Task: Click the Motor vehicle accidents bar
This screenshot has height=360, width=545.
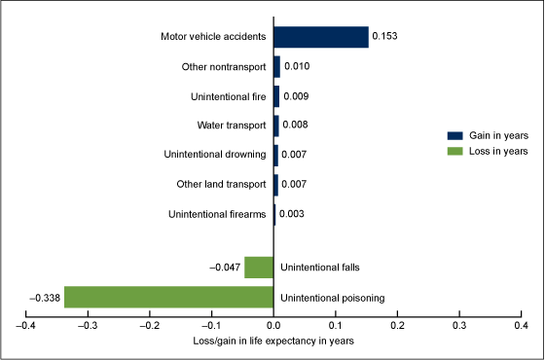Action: [321, 37]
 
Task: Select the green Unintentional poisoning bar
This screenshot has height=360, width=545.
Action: [169, 297]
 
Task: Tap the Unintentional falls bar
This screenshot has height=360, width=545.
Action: [259, 268]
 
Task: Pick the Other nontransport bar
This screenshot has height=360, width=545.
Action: [276, 67]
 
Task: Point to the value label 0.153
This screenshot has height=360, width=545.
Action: [384, 36]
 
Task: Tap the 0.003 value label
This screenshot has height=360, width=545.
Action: [292, 214]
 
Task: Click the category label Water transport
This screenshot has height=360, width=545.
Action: [232, 126]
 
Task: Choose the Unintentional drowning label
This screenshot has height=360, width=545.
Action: [215, 155]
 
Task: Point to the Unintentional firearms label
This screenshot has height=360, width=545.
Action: [217, 214]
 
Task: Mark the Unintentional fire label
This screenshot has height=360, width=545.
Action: [229, 96]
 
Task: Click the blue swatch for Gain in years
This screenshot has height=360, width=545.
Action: [455, 135]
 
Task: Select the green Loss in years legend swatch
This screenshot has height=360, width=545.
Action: [455, 151]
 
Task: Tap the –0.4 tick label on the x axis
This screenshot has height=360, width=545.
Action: [26, 326]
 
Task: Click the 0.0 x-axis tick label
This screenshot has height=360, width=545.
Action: [273, 326]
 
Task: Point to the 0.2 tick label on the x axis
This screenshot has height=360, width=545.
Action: [397, 326]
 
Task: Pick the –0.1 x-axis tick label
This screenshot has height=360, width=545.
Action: [212, 326]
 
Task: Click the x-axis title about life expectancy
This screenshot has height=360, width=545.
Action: [273, 342]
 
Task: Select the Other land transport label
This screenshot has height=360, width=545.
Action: [221, 184]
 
